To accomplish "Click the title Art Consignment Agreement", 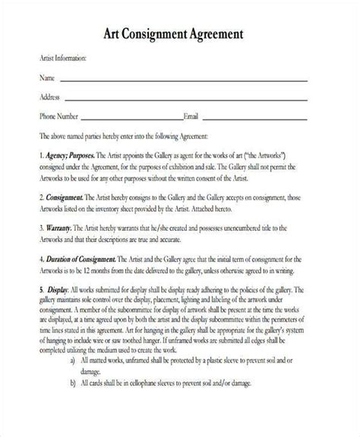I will point(180,34).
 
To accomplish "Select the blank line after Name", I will point(182,80).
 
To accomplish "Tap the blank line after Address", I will point(185,99).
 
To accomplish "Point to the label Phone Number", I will point(58,116).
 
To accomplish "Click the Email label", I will point(191,116).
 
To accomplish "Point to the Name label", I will point(46,77).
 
